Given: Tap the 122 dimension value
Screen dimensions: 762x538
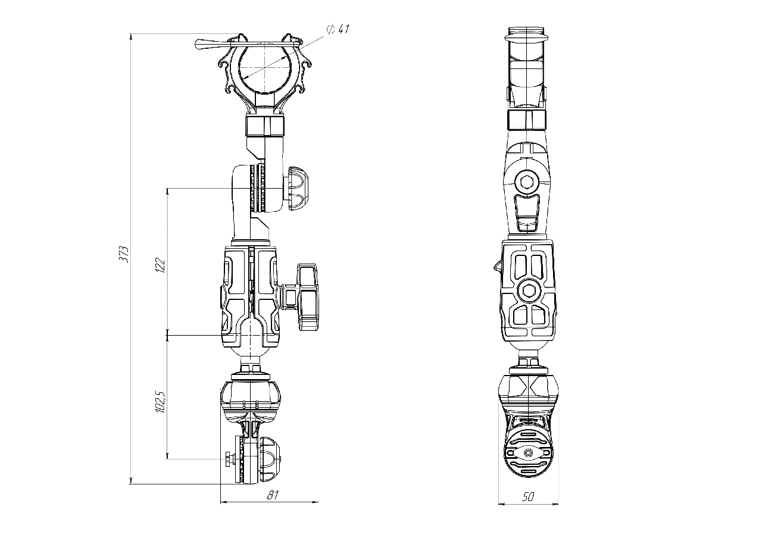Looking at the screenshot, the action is click(160, 265).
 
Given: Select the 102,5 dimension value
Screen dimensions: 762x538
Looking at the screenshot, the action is click(160, 402).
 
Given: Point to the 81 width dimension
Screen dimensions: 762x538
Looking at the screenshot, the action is click(273, 495).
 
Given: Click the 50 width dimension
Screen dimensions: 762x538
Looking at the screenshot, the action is click(527, 497).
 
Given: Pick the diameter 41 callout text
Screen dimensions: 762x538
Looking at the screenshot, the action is click(338, 29).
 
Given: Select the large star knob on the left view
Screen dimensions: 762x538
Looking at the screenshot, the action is click(307, 297).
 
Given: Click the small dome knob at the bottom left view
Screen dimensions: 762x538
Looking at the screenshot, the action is click(270, 459).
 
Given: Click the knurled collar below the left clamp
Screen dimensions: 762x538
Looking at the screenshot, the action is click(265, 126).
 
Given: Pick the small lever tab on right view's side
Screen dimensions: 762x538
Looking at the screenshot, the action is click(497, 266).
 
